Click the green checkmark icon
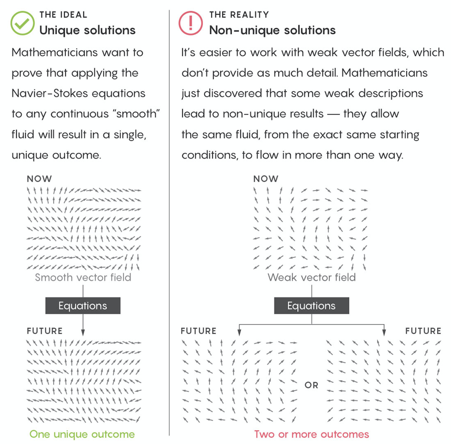click(22, 23)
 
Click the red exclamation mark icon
click(190, 23)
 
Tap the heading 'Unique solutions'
click(87, 30)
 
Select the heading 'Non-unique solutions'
click(272, 30)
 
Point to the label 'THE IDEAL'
click(63, 15)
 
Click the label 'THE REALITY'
click(239, 15)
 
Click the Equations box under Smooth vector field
click(83, 306)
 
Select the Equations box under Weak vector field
click(311, 306)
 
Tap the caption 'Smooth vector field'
click(83, 277)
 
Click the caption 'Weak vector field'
click(311, 277)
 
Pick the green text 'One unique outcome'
click(82, 434)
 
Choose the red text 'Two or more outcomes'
click(311, 434)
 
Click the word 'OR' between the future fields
click(311, 385)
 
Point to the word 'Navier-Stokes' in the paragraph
click(50, 93)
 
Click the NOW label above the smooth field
click(39, 179)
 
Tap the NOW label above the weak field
click(266, 179)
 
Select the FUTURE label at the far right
click(423, 331)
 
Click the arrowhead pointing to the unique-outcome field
click(83, 332)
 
